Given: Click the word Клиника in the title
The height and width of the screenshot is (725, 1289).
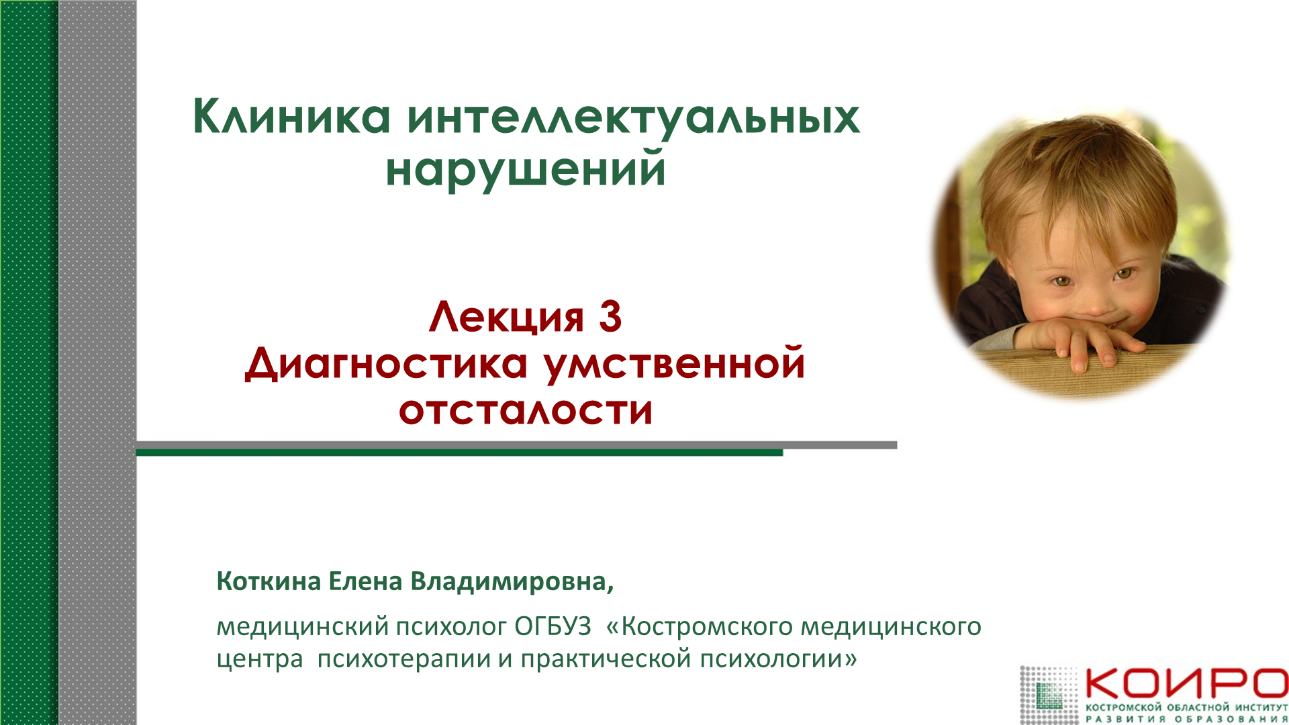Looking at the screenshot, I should pyautogui.click(x=291, y=117).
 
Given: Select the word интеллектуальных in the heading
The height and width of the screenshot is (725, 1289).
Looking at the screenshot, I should pyautogui.click(x=633, y=117).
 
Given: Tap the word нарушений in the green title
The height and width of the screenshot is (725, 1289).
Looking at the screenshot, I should pyautogui.click(x=526, y=169).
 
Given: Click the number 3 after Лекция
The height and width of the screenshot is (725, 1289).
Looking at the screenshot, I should pyautogui.click(x=610, y=316).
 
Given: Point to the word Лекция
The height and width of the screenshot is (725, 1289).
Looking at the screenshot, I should pyautogui.click(x=507, y=316).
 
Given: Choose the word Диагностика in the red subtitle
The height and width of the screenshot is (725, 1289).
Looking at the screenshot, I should pyautogui.click(x=387, y=364).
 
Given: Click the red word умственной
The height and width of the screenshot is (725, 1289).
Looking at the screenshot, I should pyautogui.click(x=674, y=364).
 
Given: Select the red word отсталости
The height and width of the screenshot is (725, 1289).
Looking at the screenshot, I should pyautogui.click(x=526, y=410).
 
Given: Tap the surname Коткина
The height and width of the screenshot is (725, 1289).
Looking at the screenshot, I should pyautogui.click(x=269, y=581).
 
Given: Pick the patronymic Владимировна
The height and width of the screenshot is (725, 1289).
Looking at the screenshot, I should pyautogui.click(x=512, y=581).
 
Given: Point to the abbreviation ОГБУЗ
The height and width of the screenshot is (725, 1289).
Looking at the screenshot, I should pyautogui.click(x=553, y=626).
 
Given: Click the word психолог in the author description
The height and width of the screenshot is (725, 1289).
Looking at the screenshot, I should pyautogui.click(x=451, y=626).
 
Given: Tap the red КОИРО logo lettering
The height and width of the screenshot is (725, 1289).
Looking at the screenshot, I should pyautogui.click(x=1186, y=683).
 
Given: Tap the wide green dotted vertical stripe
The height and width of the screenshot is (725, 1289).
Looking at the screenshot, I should pyautogui.click(x=29, y=362).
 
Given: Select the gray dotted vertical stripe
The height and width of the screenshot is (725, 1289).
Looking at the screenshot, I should pyautogui.click(x=97, y=362).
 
